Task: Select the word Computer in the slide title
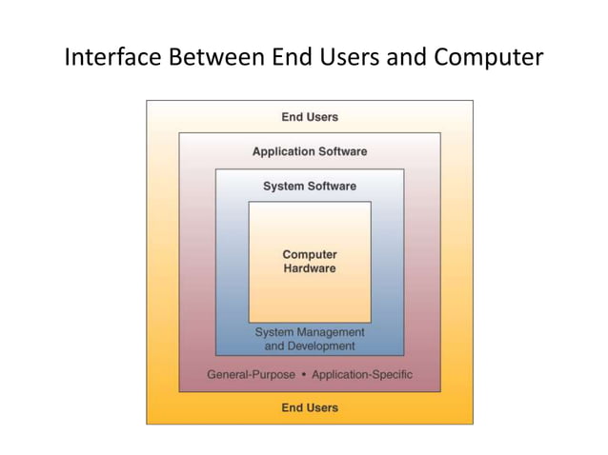tap(488, 59)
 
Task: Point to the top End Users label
tap(310, 117)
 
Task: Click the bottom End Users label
tap(310, 407)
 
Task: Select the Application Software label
tap(310, 151)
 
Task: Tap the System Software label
tap(310, 186)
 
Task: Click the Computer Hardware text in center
tap(310, 262)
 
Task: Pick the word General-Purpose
tap(252, 374)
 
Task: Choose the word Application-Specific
tap(362, 374)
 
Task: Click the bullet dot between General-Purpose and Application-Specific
tap(303, 374)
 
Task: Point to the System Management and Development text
tap(310, 339)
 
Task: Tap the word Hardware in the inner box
tap(310, 268)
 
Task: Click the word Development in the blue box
tap(324, 346)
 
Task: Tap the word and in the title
tap(411, 59)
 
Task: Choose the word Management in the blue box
tap(331, 332)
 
